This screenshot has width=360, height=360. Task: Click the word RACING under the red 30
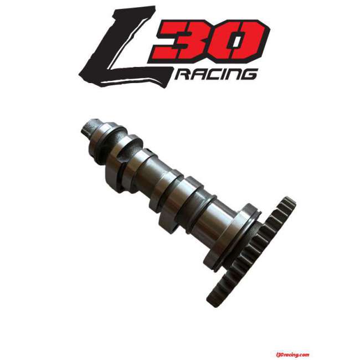point(215,74)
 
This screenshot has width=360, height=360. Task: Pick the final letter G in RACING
point(248,74)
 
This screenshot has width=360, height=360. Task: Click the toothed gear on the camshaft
point(253,250)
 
